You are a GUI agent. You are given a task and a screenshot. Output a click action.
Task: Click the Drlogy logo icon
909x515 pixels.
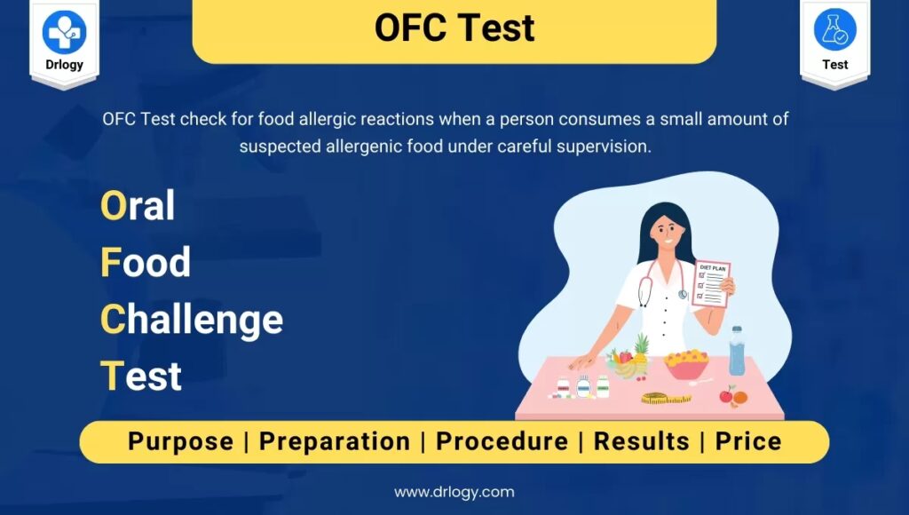click(x=64, y=33)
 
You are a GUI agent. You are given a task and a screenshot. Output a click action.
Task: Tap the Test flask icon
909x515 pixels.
click(x=834, y=29)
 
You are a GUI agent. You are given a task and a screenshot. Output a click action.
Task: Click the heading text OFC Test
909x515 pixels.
click(x=454, y=28)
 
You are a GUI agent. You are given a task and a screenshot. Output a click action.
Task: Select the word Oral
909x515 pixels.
click(x=138, y=205)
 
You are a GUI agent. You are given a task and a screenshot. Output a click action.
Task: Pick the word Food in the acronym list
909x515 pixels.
click(x=146, y=262)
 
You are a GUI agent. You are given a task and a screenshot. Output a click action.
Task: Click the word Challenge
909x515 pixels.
click(x=192, y=321)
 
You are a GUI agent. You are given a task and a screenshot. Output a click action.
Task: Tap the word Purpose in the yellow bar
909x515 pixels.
click(x=181, y=442)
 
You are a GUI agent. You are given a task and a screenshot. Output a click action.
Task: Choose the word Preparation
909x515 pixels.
click(x=335, y=442)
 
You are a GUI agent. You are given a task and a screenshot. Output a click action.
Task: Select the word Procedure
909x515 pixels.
click(x=502, y=441)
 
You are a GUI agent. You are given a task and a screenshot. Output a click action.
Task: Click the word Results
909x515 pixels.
click(x=642, y=441)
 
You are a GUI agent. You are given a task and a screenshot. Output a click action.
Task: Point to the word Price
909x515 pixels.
click(x=748, y=441)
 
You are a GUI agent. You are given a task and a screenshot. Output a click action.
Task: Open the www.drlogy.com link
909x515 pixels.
click(x=454, y=493)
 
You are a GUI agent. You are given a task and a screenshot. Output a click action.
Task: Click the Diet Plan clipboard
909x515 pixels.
click(x=711, y=283)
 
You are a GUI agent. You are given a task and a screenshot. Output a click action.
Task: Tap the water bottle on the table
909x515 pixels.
click(x=736, y=351)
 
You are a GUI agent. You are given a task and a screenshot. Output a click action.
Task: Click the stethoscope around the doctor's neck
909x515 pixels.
click(x=660, y=282)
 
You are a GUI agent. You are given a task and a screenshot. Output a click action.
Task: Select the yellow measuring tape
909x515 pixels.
click(x=666, y=398)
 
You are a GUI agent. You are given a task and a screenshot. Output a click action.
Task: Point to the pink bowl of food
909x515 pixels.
click(x=686, y=365)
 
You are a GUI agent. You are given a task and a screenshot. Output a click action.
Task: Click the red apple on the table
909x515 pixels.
click(x=726, y=395)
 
